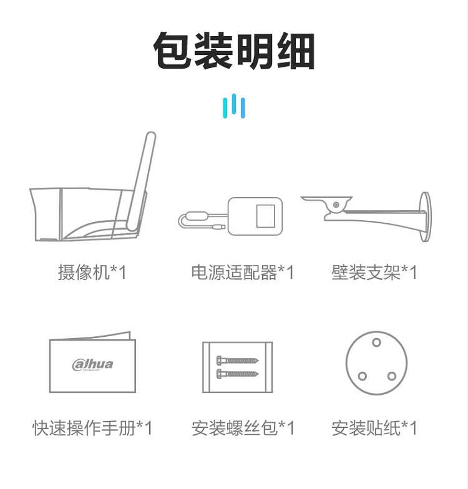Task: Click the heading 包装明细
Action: click(x=234, y=51)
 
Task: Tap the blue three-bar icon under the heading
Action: click(x=234, y=106)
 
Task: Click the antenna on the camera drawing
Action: click(x=142, y=182)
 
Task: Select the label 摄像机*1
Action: click(x=92, y=272)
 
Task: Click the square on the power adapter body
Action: click(x=266, y=216)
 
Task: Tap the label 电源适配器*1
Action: click(x=243, y=272)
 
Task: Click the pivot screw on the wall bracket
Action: click(x=336, y=205)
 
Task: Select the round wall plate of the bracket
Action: click(x=426, y=217)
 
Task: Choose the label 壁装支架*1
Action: click(x=374, y=272)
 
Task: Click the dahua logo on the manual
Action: click(x=92, y=364)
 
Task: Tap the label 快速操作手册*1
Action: click(x=92, y=428)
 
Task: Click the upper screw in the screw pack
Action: click(x=238, y=361)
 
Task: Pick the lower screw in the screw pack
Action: click(x=238, y=373)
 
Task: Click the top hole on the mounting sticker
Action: click(x=377, y=342)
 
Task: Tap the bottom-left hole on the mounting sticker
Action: click(x=362, y=376)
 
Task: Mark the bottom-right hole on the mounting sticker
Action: click(x=392, y=376)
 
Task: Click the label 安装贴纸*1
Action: click(x=374, y=428)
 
